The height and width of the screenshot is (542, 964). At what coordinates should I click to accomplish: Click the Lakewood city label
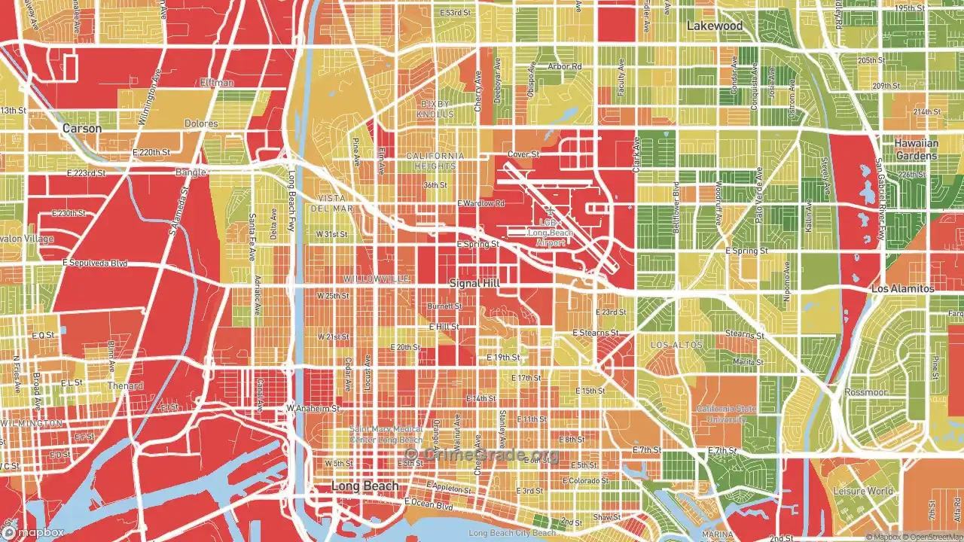tap(714, 26)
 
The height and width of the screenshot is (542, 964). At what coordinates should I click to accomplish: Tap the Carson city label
tap(81, 129)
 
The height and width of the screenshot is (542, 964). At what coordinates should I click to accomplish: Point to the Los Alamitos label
tap(902, 289)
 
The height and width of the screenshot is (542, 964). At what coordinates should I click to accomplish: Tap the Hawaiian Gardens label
tap(916, 149)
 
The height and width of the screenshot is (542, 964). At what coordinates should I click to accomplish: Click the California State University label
tap(726, 413)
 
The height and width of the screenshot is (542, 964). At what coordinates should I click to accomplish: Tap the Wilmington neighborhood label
tap(32, 424)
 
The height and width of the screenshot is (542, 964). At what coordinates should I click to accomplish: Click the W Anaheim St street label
tap(313, 409)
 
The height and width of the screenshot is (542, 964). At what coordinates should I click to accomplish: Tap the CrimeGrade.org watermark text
tap(482, 454)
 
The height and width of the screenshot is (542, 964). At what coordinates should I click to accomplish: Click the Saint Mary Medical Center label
tap(386, 434)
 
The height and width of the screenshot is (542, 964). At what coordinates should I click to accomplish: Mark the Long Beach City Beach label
tap(511, 533)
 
